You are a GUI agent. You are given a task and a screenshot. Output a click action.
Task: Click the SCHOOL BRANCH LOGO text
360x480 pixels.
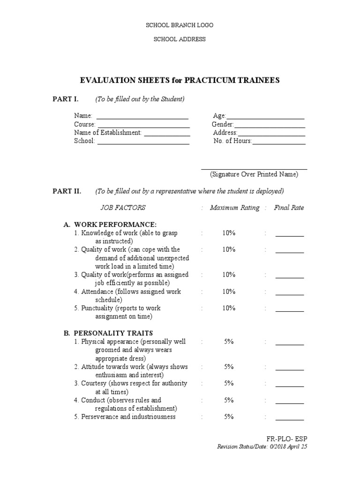click(x=180, y=25)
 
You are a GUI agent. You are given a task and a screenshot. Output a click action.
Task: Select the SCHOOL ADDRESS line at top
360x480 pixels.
click(x=180, y=39)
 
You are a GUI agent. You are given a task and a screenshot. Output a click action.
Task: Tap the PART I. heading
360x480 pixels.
click(x=65, y=99)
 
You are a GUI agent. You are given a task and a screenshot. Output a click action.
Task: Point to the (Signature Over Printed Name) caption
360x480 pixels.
click(x=254, y=174)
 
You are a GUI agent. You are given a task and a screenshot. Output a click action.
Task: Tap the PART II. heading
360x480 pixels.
click(x=67, y=191)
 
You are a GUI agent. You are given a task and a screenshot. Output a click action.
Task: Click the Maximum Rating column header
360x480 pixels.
click(x=234, y=208)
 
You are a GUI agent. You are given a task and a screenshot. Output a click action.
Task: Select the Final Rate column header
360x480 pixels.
click(x=289, y=208)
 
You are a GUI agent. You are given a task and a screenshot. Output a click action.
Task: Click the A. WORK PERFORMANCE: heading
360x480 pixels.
click(x=111, y=225)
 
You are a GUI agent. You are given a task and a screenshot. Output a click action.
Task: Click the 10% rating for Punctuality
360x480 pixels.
click(x=229, y=308)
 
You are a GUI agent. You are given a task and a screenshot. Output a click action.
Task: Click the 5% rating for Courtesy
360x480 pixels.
click(x=229, y=383)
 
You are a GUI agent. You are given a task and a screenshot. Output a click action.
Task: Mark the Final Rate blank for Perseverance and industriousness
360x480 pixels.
click(x=289, y=418)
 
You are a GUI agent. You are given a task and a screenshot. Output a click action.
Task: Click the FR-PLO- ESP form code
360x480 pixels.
click(x=287, y=439)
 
